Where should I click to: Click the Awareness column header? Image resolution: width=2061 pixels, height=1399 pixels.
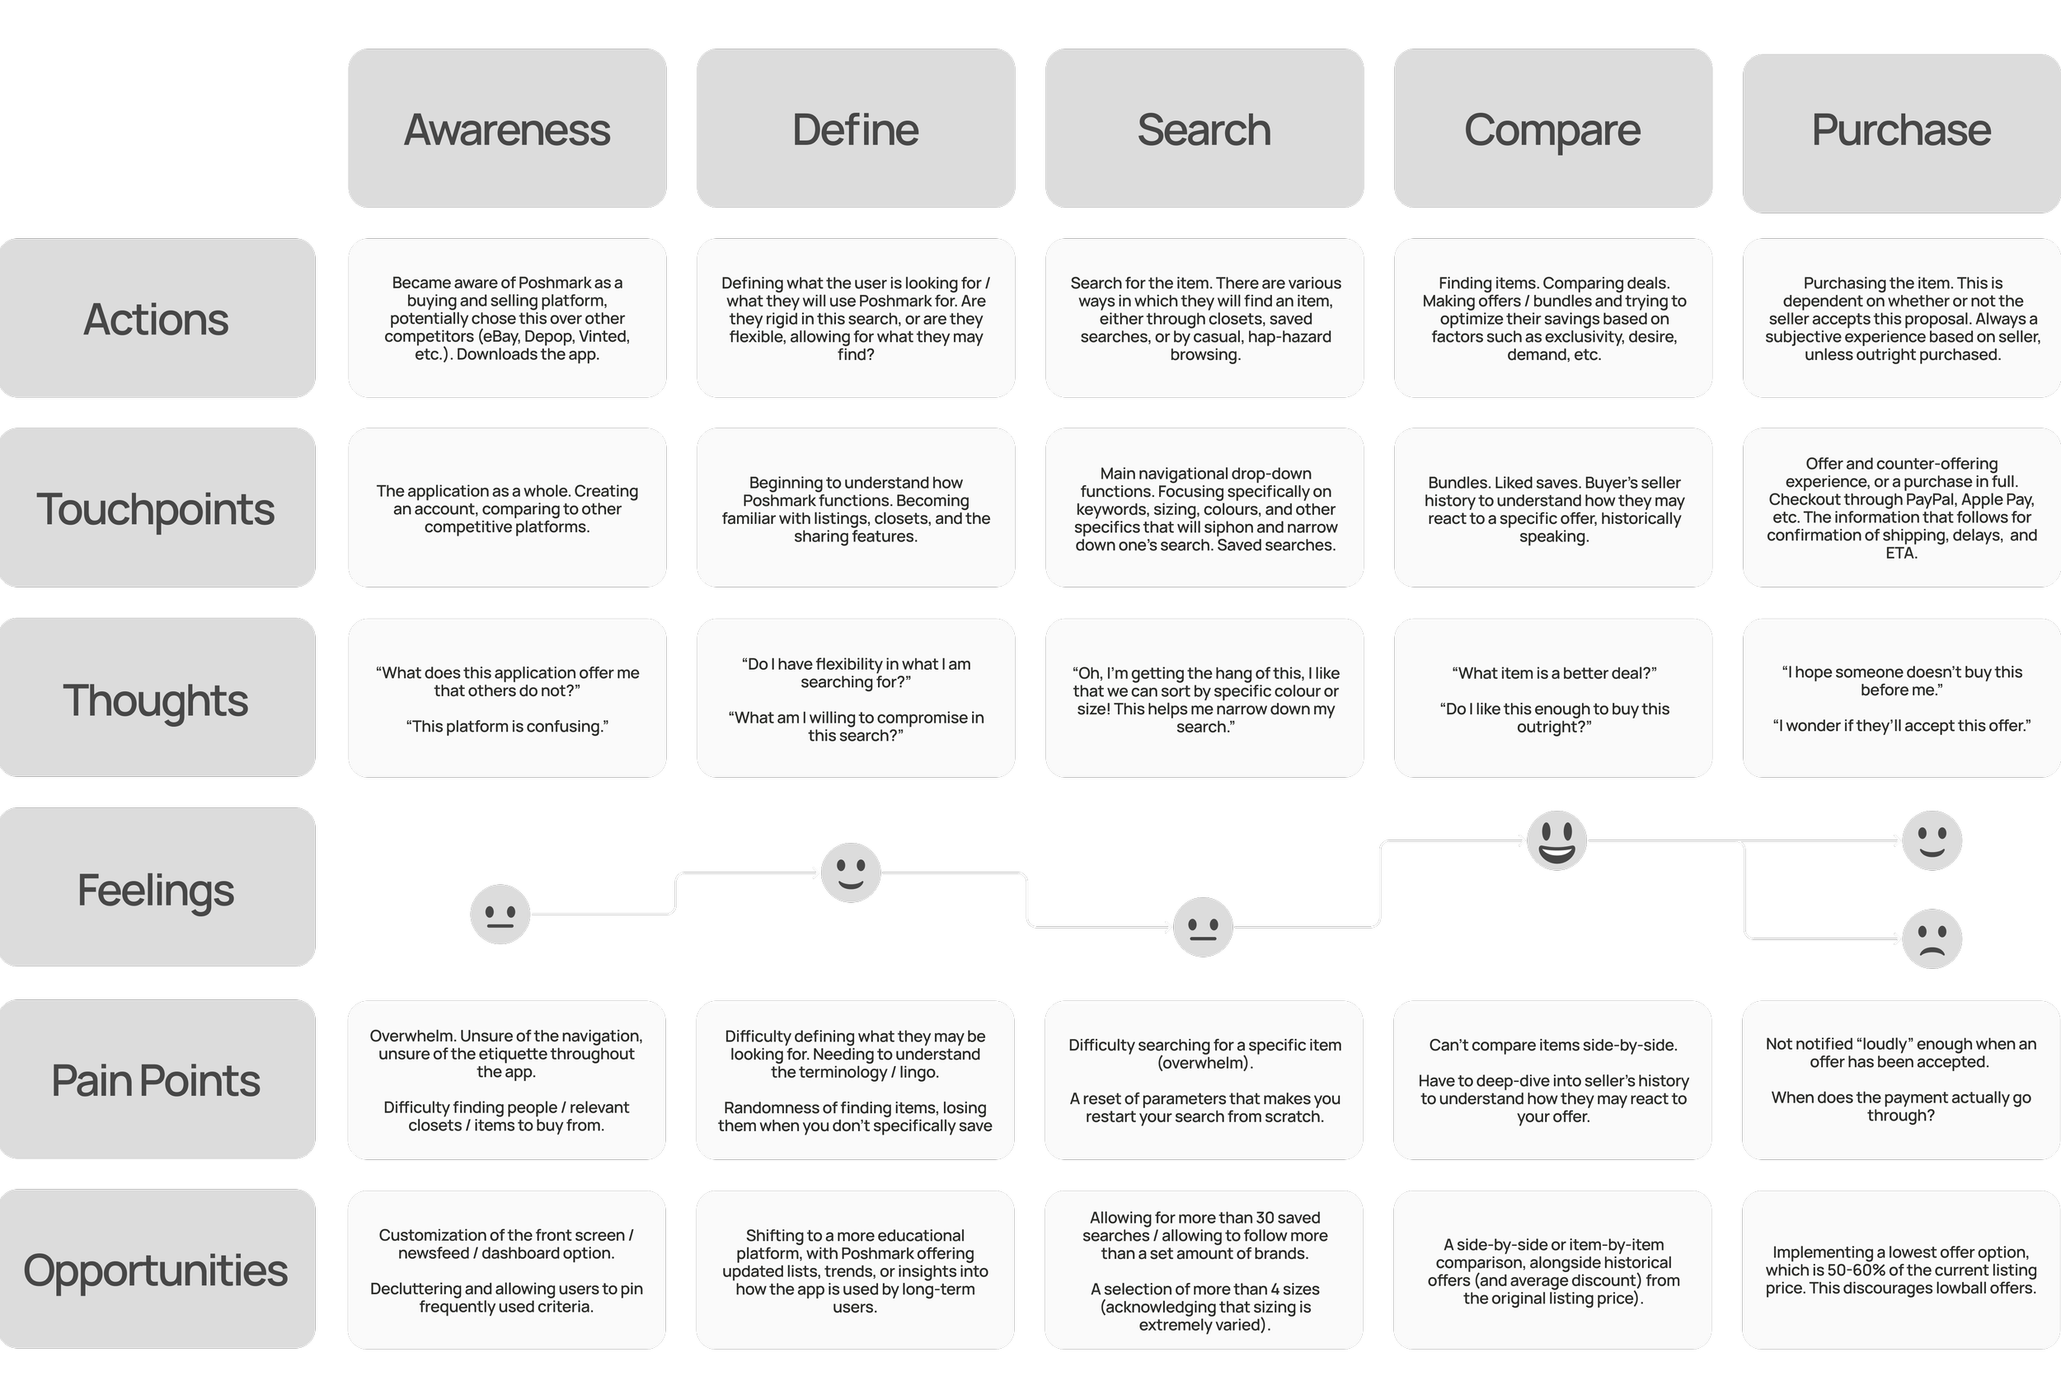506,129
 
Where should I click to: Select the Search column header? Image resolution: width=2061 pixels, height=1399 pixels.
1204,129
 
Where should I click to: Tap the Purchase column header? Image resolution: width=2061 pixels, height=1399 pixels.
1900,131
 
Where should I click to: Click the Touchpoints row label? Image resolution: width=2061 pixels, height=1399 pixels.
156,508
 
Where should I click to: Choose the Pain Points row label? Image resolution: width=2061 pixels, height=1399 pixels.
156,1079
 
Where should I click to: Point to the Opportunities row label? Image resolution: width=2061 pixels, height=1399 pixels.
156,1269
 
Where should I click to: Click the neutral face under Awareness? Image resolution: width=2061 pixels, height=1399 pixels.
500,914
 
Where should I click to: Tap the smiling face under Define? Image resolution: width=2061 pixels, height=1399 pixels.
851,873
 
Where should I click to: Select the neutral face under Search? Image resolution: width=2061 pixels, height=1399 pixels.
1203,928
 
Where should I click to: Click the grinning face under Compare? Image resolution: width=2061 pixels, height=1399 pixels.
1556,840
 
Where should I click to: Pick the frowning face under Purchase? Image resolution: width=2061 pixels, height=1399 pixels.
1932,939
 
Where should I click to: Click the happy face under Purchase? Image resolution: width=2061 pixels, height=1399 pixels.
1932,840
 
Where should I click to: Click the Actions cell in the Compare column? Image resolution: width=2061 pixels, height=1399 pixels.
1553,317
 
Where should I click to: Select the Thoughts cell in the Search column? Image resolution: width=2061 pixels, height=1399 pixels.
1204,699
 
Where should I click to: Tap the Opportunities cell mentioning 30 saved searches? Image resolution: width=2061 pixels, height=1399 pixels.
1204,1270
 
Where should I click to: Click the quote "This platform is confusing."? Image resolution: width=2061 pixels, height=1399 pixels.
506,726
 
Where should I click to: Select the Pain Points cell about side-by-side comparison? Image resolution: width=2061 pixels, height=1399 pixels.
1552,1080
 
